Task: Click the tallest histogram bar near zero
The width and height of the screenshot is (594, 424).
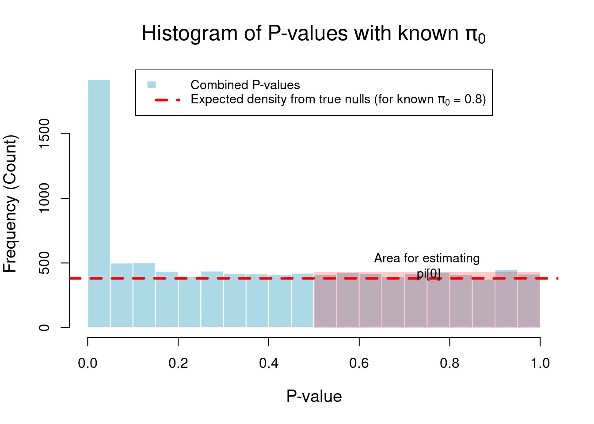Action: (x=99, y=203)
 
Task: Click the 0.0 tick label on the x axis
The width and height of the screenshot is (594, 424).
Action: (x=88, y=363)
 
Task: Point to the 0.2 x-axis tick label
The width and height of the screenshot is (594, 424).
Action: (x=178, y=363)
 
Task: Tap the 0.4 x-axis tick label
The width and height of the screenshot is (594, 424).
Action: (x=269, y=363)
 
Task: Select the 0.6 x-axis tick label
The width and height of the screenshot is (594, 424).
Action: (x=359, y=363)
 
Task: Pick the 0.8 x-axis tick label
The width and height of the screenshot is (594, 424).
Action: (x=449, y=363)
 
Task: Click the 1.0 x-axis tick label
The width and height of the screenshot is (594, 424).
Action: (x=540, y=363)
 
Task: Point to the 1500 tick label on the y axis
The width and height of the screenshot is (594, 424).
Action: (x=44, y=133)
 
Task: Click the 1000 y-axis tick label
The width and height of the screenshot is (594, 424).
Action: (x=44, y=198)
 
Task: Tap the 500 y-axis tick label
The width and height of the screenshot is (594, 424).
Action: (x=44, y=263)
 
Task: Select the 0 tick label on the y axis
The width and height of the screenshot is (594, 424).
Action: (x=44, y=328)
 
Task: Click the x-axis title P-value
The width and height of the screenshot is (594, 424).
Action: (x=314, y=396)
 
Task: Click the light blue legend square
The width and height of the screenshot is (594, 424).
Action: (x=152, y=85)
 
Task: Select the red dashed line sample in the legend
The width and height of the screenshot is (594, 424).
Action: (x=168, y=100)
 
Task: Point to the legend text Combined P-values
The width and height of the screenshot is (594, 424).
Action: (x=245, y=85)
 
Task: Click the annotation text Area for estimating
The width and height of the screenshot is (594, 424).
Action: (x=426, y=258)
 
